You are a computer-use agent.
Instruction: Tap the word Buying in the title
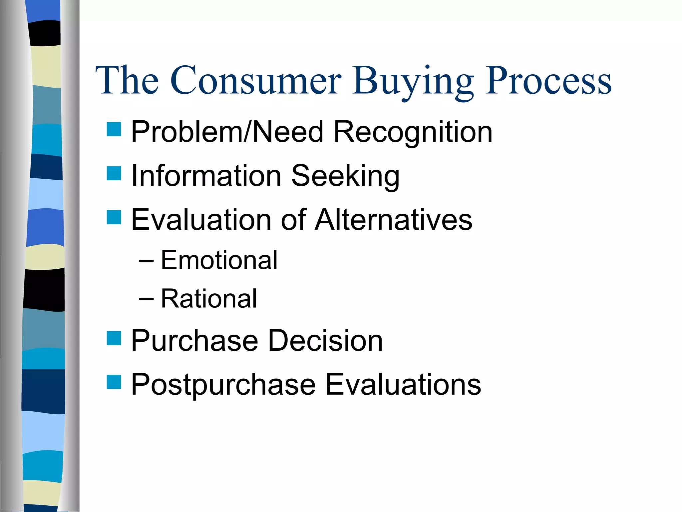tap(413, 82)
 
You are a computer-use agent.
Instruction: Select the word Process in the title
tap(548, 81)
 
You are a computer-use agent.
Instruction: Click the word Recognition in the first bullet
tap(413, 132)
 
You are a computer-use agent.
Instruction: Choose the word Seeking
tap(345, 176)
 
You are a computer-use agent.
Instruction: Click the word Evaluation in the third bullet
tap(201, 220)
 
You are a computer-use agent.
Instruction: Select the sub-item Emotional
tap(219, 260)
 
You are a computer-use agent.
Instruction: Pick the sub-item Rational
tap(209, 299)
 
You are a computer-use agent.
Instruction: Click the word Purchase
tap(194, 341)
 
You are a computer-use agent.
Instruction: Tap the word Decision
tap(325, 341)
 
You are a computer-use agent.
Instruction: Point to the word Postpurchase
tap(223, 385)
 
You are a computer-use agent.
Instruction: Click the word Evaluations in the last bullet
tap(403, 385)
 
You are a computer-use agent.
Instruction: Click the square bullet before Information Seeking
tap(114, 173)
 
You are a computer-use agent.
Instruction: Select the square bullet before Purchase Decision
tap(114, 338)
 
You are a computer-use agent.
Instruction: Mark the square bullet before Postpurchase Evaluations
tap(114, 382)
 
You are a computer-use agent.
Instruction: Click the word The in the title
tap(127, 81)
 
